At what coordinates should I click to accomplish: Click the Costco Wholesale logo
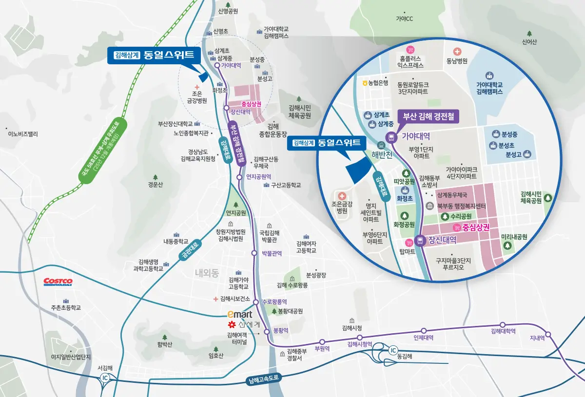pos(58,282)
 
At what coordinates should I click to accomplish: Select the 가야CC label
pos(404,19)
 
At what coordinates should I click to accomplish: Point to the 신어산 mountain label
pos(529,42)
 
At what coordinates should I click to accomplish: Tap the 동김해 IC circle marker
pos(393,350)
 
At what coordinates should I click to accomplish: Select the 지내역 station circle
pos(548,334)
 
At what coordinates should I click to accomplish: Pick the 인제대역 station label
pos(423,337)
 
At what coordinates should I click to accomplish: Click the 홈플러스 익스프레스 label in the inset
pos(410,61)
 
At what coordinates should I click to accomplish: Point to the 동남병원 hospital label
pos(457,61)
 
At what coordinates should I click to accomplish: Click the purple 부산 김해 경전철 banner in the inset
pos(428,116)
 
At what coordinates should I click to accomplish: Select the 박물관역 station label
pos(273,253)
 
